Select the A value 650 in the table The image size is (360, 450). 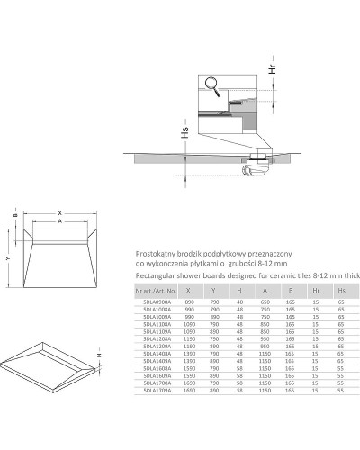pos(265,303)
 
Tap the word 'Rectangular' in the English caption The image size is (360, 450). pos(155,277)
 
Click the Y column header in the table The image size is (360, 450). pos(212,291)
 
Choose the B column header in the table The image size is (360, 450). pos(290,291)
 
